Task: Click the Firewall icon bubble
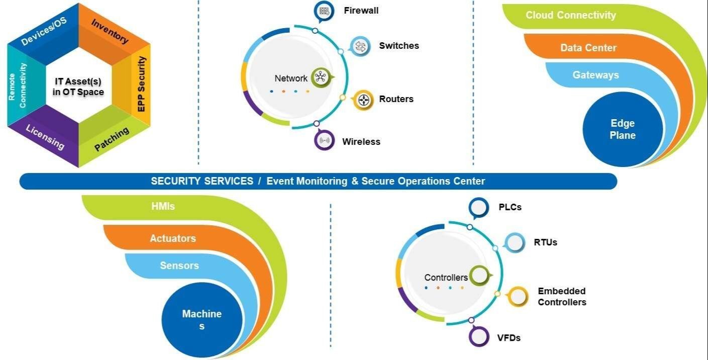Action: point(324,11)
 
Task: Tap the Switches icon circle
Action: point(360,46)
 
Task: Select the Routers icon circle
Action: point(363,100)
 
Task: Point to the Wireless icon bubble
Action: point(325,141)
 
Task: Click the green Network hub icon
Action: point(321,77)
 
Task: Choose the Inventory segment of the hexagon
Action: point(110,31)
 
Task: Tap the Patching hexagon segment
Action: point(112,139)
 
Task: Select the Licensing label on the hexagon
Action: point(45,136)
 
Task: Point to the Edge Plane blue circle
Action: point(623,129)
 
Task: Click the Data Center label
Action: point(588,48)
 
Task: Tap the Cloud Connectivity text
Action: point(570,15)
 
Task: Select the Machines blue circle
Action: point(201,320)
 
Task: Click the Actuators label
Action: point(173,238)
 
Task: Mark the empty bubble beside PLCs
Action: point(479,207)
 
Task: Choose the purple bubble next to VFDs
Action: point(479,337)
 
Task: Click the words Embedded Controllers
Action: point(562,297)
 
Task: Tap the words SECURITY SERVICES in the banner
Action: point(202,181)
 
